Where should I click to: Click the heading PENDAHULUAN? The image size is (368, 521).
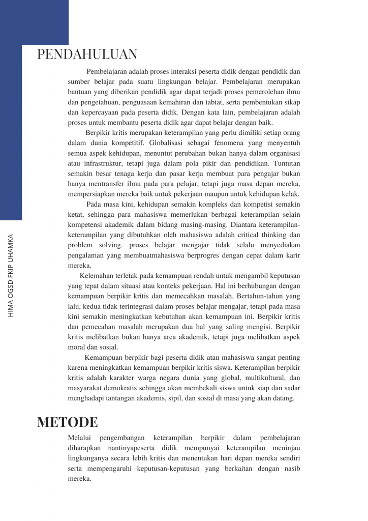pyautogui.click(x=87, y=54)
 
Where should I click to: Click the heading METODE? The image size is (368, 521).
pyautogui.click(x=68, y=422)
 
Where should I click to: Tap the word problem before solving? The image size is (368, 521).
pyautogui.click(x=80, y=245)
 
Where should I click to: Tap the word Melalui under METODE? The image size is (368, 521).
pyautogui.click(x=79, y=438)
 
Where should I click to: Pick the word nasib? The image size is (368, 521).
pyautogui.click(x=291, y=468)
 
